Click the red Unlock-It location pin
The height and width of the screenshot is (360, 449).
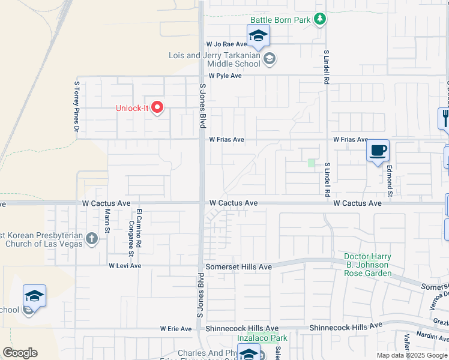point(158,107)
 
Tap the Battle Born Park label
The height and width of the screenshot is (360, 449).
point(280,20)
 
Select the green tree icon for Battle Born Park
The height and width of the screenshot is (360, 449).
point(321,20)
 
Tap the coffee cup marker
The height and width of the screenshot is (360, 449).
point(378,151)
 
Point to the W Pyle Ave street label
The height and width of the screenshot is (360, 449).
point(225,76)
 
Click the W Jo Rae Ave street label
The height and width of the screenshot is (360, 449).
point(227,44)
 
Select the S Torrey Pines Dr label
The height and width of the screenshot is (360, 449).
point(77,106)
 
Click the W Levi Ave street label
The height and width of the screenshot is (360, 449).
point(125,266)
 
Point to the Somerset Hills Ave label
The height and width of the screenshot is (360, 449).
point(239,266)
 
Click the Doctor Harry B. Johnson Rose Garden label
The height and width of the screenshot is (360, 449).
point(367,265)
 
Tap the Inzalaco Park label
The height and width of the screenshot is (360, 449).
point(262,338)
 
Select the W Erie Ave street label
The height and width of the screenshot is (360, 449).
point(176,329)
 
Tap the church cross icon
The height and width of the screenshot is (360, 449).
point(91,239)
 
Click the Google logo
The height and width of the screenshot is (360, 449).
point(20,353)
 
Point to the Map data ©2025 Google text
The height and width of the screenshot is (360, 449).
point(411,355)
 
